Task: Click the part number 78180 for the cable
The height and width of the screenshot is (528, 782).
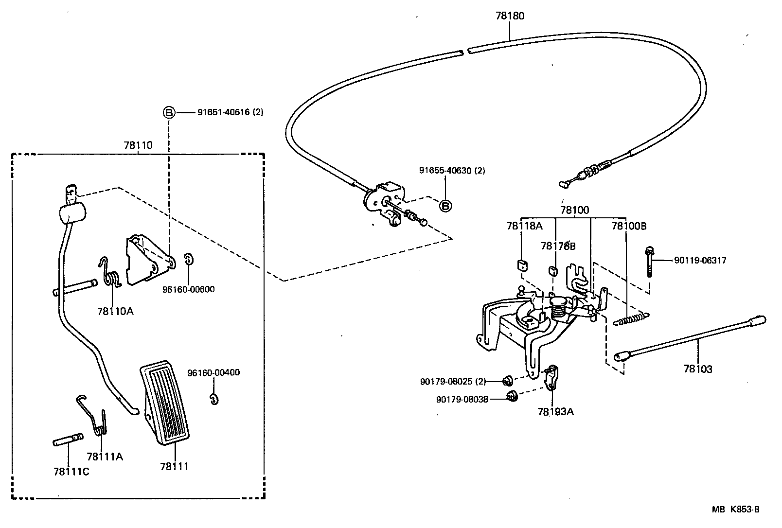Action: click(x=510, y=16)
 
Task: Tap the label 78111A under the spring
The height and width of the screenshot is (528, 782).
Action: click(x=105, y=457)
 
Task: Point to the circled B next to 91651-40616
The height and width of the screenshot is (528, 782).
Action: click(x=168, y=113)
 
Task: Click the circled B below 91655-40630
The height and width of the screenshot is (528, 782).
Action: click(x=445, y=206)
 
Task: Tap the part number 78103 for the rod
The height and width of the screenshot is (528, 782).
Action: click(x=697, y=369)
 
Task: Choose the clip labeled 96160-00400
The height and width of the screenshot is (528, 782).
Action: click(x=213, y=398)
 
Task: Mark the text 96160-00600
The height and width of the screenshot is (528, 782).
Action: click(x=189, y=289)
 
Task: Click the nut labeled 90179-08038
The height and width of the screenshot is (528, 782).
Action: click(x=511, y=396)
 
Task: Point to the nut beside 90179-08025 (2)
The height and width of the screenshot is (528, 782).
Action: click(x=505, y=380)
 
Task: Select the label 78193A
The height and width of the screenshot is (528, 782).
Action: click(x=555, y=412)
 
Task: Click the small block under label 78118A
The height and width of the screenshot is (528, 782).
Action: click(x=521, y=265)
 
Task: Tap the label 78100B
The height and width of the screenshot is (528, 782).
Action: click(x=629, y=226)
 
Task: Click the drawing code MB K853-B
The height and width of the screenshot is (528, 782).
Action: click(x=735, y=510)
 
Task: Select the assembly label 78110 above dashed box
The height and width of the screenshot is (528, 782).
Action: click(x=138, y=145)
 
